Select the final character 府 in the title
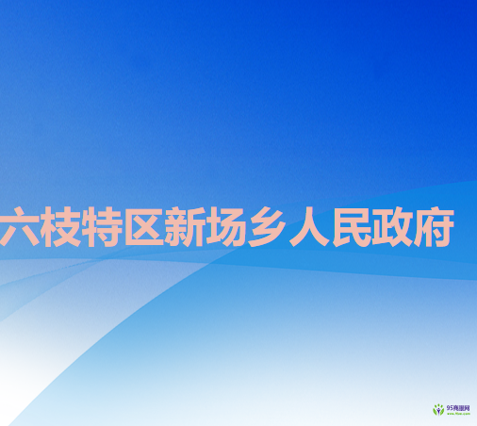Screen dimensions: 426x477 [433, 229]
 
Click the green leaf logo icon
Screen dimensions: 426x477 [437, 409]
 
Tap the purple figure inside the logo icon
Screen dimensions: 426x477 [437, 409]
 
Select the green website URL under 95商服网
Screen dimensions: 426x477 [457, 413]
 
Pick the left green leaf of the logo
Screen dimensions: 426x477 [434, 411]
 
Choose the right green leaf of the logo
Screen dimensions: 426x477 [441, 411]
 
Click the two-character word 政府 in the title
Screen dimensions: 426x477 [412, 229]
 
